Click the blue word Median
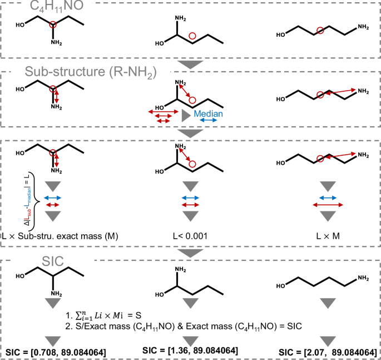click(x=208, y=114)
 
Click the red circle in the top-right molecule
click(x=320, y=31)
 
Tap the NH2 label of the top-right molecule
click(x=363, y=26)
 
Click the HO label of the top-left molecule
click(x=21, y=25)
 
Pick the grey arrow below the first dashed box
click(x=190, y=65)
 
